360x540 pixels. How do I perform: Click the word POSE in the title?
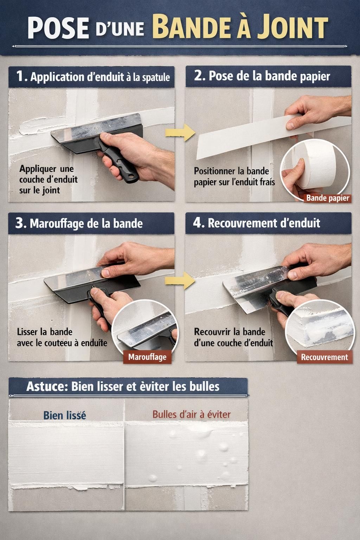click(x=59, y=28)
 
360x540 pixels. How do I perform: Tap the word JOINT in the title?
click(x=292, y=26)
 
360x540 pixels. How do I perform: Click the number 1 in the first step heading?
click(x=20, y=76)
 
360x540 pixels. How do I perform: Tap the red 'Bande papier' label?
click(x=327, y=198)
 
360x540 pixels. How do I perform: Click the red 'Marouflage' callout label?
click(x=147, y=357)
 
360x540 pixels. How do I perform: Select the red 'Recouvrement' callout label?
click(x=324, y=357)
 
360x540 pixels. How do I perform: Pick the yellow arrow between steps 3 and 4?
click(x=180, y=280)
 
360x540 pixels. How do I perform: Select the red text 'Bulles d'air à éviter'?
click(x=192, y=414)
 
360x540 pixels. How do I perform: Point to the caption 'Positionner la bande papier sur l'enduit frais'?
click(x=234, y=176)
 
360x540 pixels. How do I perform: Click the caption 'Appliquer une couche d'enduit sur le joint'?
click(x=48, y=179)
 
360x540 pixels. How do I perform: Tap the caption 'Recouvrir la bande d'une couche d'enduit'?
click(x=233, y=337)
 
